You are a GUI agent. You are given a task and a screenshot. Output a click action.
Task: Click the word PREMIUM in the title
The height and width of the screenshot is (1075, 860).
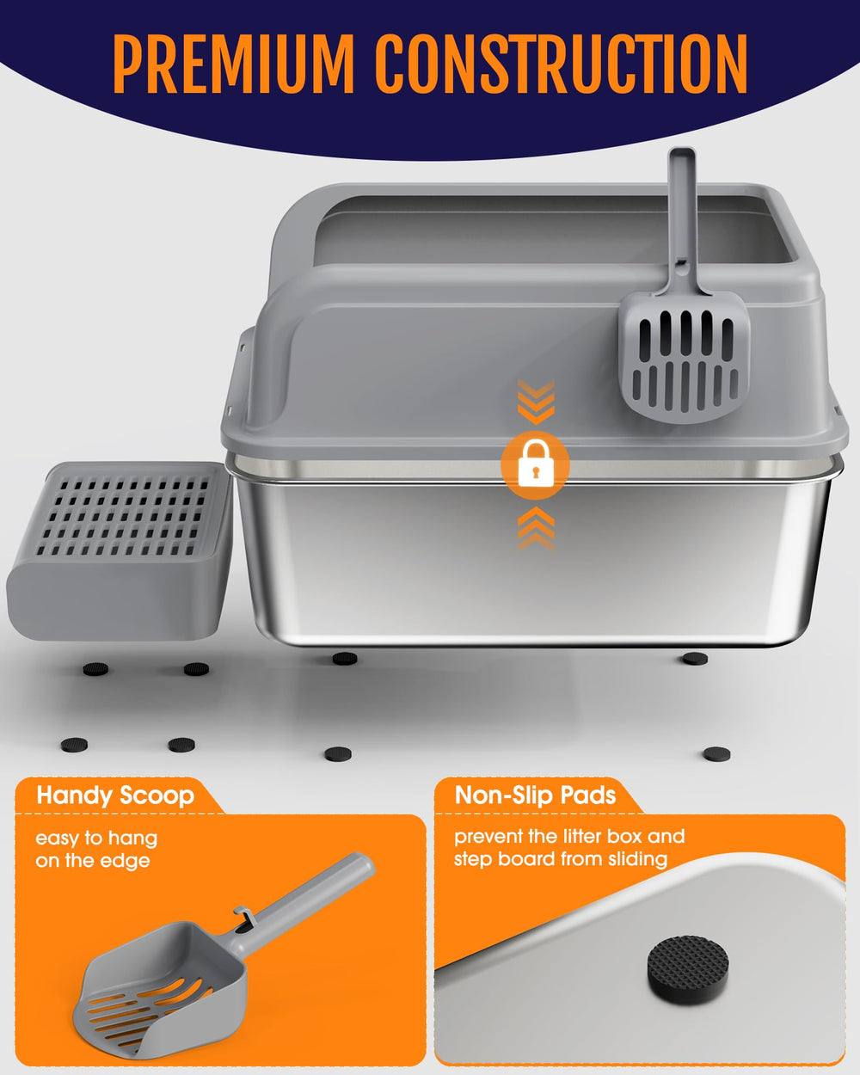233,65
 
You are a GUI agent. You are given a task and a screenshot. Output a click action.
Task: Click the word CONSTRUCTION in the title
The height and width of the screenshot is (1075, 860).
560,65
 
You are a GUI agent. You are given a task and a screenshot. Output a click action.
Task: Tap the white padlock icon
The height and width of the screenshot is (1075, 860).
534,465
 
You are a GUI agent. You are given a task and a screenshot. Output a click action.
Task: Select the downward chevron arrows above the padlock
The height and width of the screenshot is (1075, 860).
536,403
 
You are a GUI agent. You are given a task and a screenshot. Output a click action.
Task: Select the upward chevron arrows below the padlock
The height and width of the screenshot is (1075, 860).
535,526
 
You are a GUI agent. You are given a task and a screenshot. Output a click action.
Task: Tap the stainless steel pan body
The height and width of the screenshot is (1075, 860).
525,568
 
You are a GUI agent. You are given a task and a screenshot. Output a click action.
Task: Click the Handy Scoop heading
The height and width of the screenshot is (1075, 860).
114,795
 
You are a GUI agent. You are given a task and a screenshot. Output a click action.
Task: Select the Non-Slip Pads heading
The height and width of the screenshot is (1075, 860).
535,795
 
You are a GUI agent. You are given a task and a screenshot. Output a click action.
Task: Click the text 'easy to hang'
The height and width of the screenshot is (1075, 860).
96,838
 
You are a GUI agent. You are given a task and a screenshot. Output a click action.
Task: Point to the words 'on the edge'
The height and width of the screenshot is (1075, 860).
92,861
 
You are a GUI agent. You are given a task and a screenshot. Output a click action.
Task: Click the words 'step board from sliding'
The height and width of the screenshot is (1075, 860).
560,859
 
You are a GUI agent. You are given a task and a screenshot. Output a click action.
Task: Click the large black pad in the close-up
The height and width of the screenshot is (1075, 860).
687,964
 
